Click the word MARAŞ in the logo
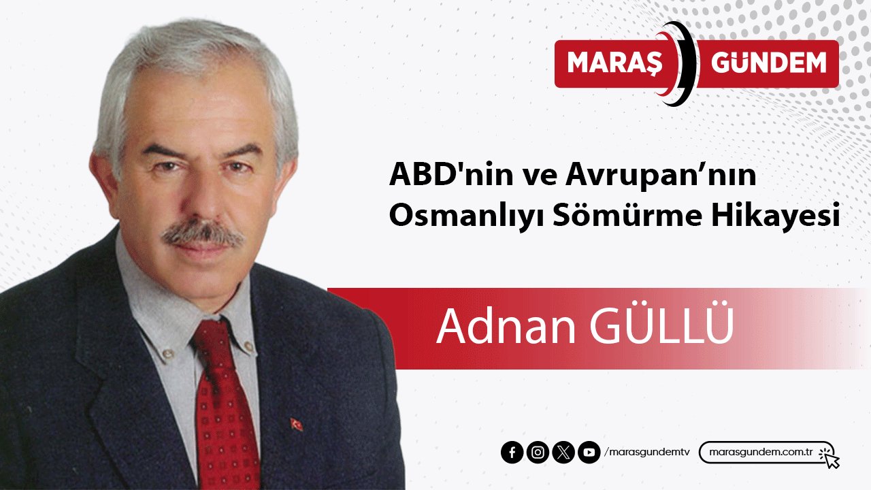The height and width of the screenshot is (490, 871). tap(614, 63)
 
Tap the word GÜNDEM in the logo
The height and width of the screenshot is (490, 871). tap(768, 63)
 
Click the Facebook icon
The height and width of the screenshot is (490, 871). tap(512, 453)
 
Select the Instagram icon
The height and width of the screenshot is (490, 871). tap(538, 453)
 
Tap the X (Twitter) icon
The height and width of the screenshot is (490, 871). tap(563, 453)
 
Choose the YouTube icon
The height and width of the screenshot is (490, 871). tap(589, 453)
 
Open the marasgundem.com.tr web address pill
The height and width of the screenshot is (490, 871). tap(761, 453)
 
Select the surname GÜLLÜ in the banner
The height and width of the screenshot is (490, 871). tap(661, 327)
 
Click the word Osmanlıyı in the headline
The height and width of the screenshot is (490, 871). tap(448, 216)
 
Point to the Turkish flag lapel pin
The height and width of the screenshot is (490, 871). tap(297, 424)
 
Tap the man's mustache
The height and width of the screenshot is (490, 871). tap(202, 235)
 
